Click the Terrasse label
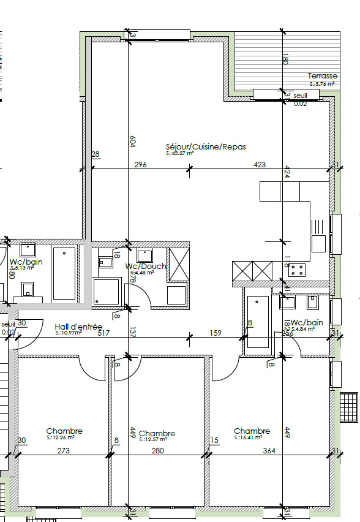[x=322, y=76]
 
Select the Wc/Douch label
[x=145, y=267]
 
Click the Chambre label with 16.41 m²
[x=252, y=431]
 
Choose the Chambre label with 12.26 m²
[x=64, y=431]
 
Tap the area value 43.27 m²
[x=180, y=154]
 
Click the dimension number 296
[x=140, y=165]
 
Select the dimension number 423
[x=260, y=165]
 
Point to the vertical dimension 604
[x=132, y=141]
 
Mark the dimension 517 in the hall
[x=103, y=333]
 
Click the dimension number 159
[x=216, y=333]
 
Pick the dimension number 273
[x=63, y=451]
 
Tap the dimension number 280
[x=157, y=451]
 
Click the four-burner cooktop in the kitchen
[x=297, y=270]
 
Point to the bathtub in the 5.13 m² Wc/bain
[x=64, y=273]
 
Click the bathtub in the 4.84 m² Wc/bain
[x=257, y=322]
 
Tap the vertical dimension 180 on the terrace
[x=285, y=60]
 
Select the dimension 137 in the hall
[x=131, y=333]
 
